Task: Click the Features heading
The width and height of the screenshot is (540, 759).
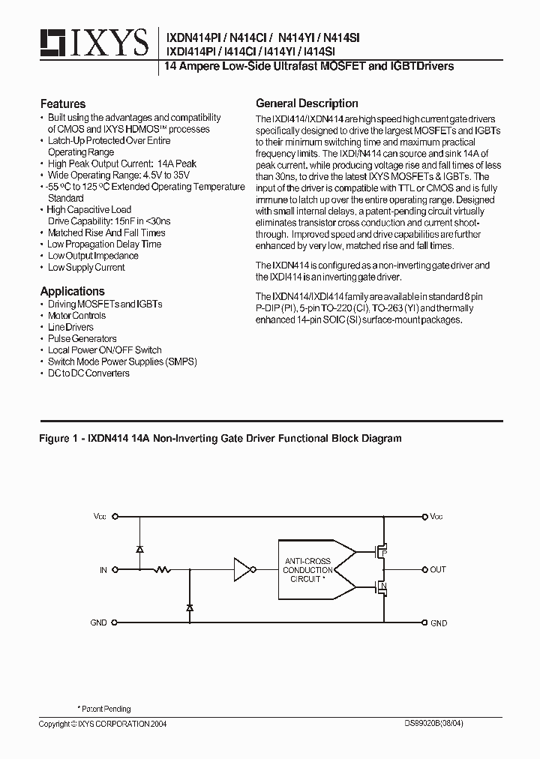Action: [x=63, y=104]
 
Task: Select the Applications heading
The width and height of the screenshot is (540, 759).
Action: [x=73, y=291]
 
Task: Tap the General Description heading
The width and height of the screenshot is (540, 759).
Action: [x=307, y=103]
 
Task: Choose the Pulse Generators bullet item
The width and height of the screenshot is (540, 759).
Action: [x=82, y=339]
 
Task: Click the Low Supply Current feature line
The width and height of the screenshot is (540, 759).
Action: [x=86, y=268]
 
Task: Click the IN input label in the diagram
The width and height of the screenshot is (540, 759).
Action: [x=103, y=570]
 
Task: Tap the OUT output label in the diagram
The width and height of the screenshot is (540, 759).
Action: [x=438, y=570]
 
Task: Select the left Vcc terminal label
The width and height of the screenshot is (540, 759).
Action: [x=100, y=517]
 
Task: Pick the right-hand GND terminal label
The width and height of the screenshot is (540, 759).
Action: [x=439, y=623]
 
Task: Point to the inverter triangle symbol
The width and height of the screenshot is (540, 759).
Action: [x=242, y=570]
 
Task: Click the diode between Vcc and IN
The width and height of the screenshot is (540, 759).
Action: [x=140, y=549]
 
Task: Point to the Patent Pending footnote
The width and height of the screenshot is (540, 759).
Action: [x=106, y=709]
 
